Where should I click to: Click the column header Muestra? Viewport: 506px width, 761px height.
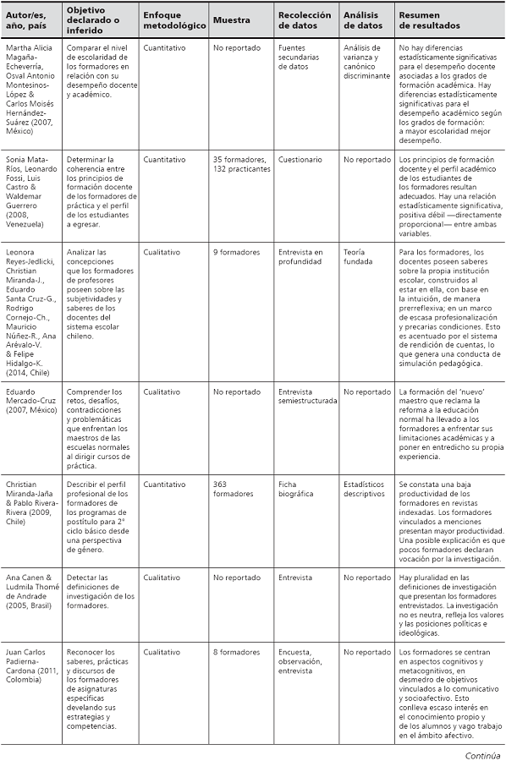point(231,20)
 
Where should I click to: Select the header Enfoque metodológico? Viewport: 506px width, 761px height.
point(174,20)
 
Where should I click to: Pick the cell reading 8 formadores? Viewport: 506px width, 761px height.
point(236,652)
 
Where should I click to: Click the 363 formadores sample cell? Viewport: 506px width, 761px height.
point(233,490)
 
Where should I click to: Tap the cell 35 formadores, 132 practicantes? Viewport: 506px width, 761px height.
point(241,164)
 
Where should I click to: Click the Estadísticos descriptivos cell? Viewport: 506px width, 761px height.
point(365,490)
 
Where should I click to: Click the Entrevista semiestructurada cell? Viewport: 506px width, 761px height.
point(308,397)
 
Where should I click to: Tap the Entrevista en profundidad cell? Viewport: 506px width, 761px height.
point(300,256)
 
